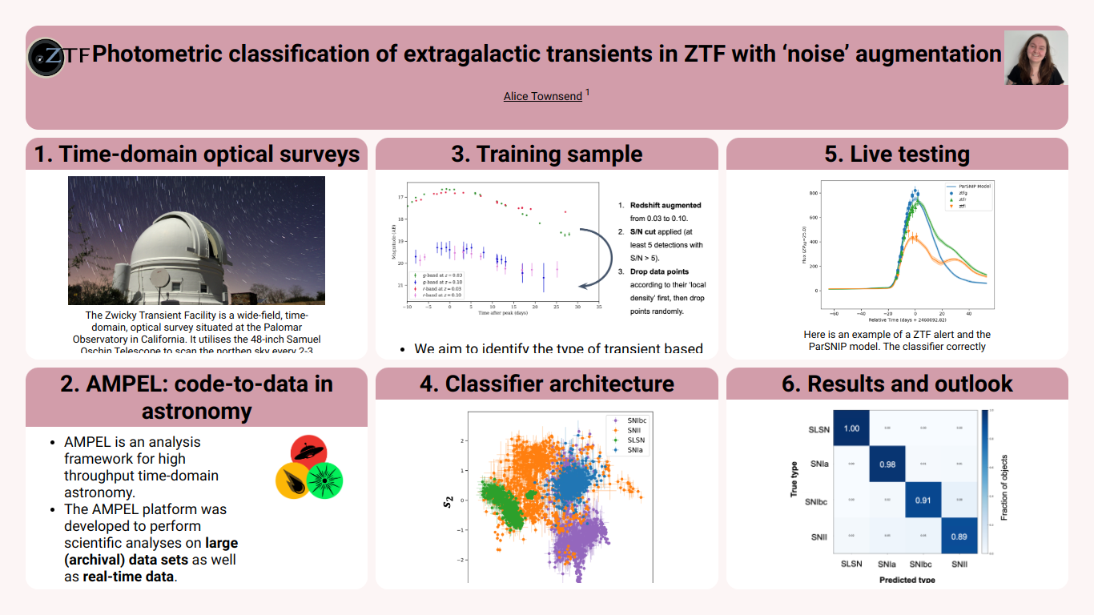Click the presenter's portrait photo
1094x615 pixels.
[x=1036, y=58]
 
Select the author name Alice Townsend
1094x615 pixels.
[x=543, y=96]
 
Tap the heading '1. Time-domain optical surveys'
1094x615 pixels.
[x=197, y=154]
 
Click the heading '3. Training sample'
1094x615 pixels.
[x=546, y=154]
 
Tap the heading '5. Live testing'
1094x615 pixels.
[x=897, y=154]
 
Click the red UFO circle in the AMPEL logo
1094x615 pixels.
[x=308, y=452]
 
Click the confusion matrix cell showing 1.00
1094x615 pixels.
[x=851, y=428]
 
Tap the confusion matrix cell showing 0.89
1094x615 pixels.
[x=959, y=537]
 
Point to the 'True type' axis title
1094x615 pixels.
[x=794, y=479]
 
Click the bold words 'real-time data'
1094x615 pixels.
[x=128, y=576]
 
